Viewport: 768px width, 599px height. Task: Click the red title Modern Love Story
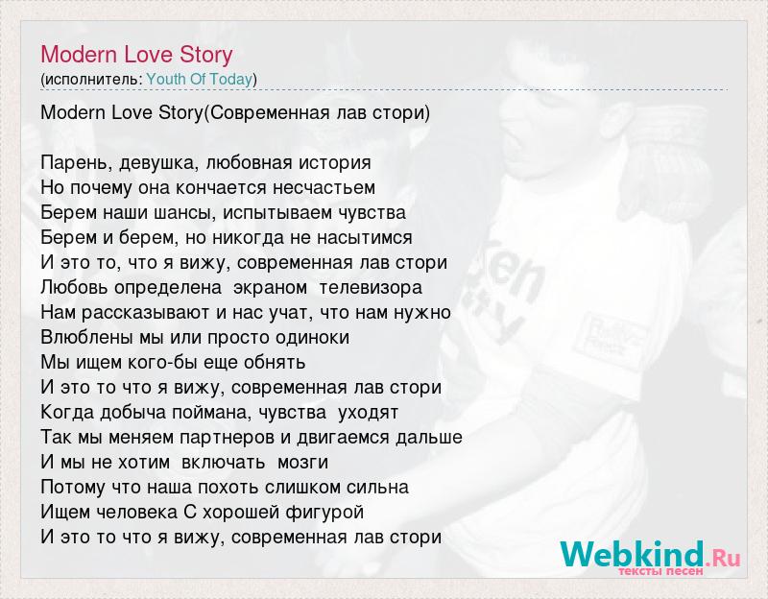(x=136, y=55)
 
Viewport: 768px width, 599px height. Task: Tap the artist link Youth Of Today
(x=200, y=79)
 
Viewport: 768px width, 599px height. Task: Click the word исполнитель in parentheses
(x=91, y=80)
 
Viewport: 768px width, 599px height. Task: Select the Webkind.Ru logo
(x=650, y=555)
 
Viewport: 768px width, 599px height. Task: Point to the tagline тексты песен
(x=660, y=571)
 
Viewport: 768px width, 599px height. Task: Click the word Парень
(x=77, y=162)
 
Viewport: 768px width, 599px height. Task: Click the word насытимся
(x=365, y=237)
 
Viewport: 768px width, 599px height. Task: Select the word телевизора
(x=371, y=287)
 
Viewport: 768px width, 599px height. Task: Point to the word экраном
(x=271, y=287)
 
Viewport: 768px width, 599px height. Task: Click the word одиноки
(x=313, y=338)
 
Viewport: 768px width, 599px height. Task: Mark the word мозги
(x=302, y=462)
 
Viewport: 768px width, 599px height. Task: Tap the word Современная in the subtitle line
(x=270, y=112)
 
